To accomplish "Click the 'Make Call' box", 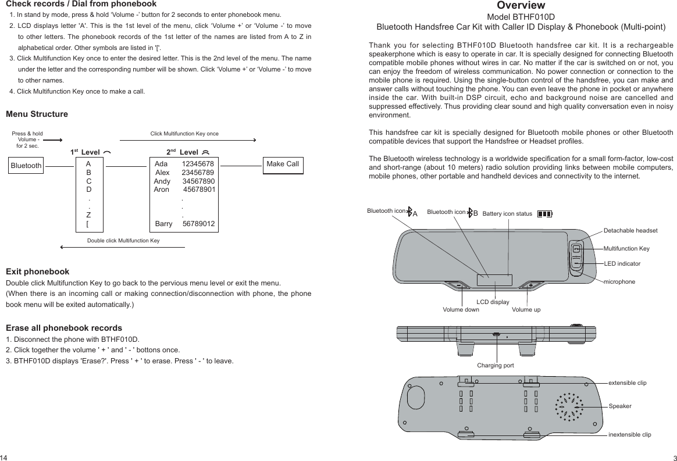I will pos(283,165).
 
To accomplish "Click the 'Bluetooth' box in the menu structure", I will pos(26,166).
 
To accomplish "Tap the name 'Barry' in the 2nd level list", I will pos(164,224).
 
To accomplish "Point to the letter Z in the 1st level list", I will pos(88,215).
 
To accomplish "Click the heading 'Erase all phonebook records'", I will pos(64,328).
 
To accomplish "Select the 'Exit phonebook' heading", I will pos(37,271).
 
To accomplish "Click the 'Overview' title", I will pos(521,6).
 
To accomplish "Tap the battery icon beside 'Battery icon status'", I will pos(544,214).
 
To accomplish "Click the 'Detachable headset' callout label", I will pos(630,231).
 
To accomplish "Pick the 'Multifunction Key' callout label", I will pos(626,249).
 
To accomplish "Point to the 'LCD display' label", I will pos(493,302).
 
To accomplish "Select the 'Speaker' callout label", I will pos(620,406).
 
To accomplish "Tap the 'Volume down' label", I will pos(461,310).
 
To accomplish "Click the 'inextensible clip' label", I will pos(629,435).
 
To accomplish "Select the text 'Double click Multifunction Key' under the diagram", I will pos(123,240).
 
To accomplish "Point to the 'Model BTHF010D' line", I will pos(521,17).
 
